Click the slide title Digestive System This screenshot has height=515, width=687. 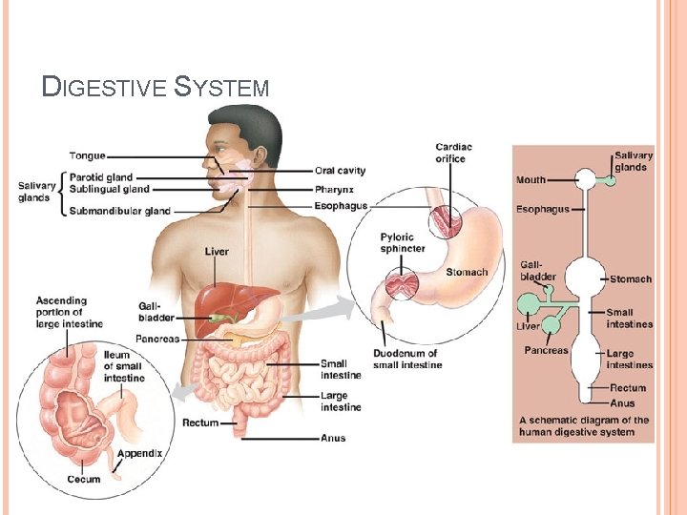click(x=156, y=88)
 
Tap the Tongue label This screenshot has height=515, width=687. click(x=87, y=155)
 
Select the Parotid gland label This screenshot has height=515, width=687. click(x=100, y=177)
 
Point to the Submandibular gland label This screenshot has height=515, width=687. click(x=120, y=211)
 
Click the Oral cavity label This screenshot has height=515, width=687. click(x=340, y=171)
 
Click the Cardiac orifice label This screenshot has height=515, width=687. click(x=454, y=153)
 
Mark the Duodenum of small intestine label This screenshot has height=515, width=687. click(x=407, y=359)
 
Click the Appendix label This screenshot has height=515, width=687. click(x=140, y=453)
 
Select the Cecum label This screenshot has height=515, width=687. click(x=84, y=478)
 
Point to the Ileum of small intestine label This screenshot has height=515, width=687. click(x=124, y=366)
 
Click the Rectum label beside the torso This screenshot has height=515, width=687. click(x=200, y=422)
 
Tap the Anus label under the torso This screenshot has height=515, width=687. click(x=332, y=439)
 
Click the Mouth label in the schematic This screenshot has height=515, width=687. click(x=531, y=179)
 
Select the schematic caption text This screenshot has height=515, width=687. click(x=583, y=425)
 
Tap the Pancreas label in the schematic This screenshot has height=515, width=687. click(x=546, y=350)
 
